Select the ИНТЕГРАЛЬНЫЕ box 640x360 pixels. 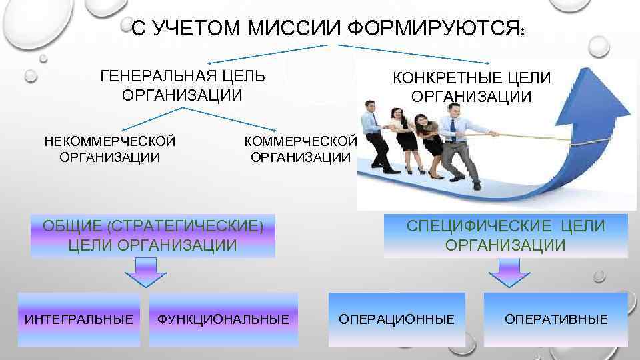click(x=79, y=319)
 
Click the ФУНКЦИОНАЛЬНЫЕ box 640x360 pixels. click(x=223, y=319)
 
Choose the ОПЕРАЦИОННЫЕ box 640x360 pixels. click(x=397, y=319)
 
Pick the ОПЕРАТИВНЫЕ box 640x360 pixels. click(x=556, y=319)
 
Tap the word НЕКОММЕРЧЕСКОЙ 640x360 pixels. click(x=109, y=141)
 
